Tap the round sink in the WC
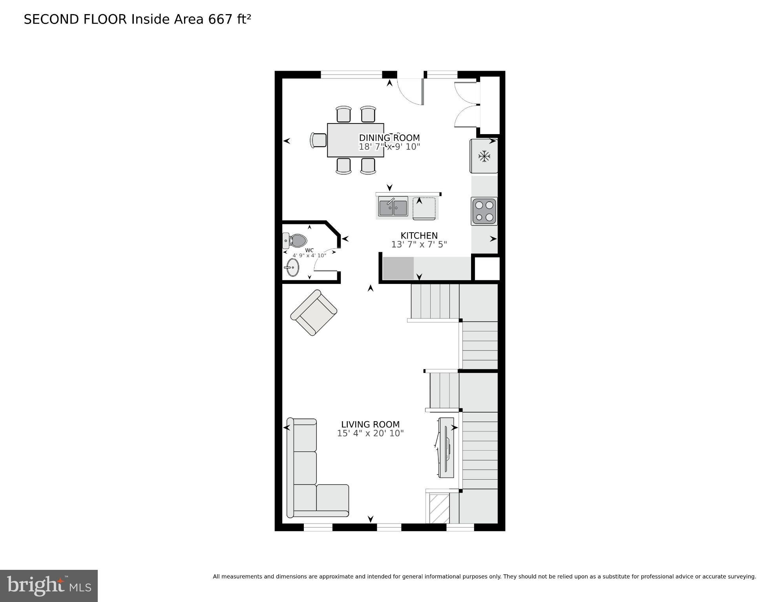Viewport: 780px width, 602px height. click(x=292, y=267)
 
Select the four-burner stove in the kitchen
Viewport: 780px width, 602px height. click(x=484, y=211)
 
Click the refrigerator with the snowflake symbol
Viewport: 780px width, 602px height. click(x=484, y=156)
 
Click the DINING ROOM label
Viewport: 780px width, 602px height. click(x=389, y=138)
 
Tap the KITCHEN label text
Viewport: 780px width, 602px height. click(x=419, y=235)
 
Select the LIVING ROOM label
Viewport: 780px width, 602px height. click(x=370, y=424)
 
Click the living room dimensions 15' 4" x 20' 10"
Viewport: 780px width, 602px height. click(x=370, y=433)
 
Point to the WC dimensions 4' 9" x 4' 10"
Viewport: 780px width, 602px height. click(x=309, y=256)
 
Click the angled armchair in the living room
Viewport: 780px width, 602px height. click(x=313, y=313)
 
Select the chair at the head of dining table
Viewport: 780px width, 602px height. click(x=318, y=140)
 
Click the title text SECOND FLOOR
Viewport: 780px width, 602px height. click(x=75, y=19)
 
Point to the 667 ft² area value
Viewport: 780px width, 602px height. click(x=229, y=19)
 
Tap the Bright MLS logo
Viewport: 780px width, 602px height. click(x=49, y=586)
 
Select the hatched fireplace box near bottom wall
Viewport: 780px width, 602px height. click(x=439, y=508)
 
